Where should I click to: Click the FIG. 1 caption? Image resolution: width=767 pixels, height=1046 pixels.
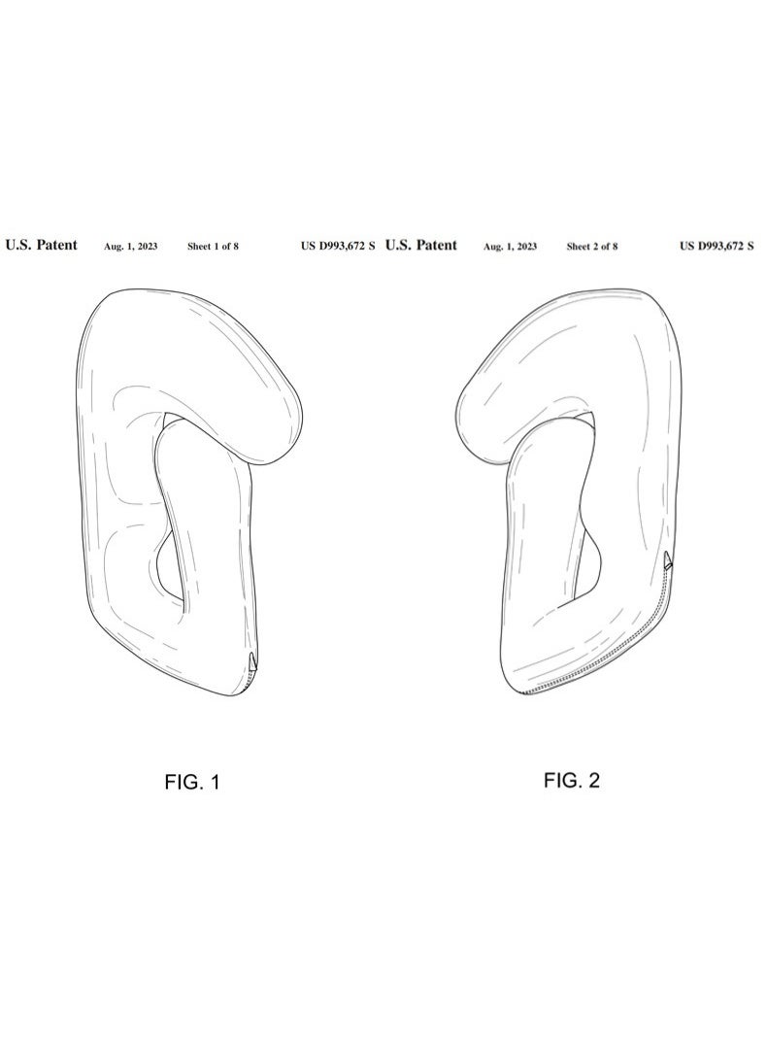[192, 783]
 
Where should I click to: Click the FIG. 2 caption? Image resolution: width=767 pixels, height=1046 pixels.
[571, 781]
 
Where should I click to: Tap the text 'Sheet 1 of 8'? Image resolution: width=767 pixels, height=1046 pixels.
[213, 247]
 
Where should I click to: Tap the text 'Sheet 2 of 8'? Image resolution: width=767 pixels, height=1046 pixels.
[592, 247]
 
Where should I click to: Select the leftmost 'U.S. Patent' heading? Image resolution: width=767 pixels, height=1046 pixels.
[42, 246]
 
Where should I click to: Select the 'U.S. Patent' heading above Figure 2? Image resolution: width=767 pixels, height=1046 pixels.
[420, 246]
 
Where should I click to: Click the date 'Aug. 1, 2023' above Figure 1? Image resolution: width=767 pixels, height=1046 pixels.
[130, 247]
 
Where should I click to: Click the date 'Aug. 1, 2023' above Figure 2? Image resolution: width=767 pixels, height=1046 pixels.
[510, 247]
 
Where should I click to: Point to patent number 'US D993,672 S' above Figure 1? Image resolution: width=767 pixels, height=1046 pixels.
[338, 247]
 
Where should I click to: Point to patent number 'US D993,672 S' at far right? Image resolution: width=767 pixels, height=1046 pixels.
[717, 247]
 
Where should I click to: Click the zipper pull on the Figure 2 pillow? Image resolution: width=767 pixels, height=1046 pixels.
[668, 560]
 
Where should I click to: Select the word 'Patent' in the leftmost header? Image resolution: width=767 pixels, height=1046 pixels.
[57, 246]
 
